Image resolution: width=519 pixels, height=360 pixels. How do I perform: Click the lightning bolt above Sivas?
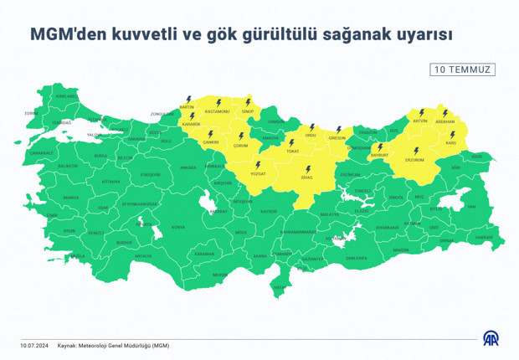click(308, 168)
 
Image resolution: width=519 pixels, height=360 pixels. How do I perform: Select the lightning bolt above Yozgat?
click(258, 165)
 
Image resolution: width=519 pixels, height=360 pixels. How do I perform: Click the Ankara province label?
click(188, 167)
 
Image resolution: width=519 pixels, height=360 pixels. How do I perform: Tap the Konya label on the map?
click(177, 227)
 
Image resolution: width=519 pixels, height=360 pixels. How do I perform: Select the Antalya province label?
click(143, 255)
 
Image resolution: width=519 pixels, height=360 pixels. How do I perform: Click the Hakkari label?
click(484, 237)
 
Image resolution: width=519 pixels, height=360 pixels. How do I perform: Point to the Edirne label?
click(32, 113)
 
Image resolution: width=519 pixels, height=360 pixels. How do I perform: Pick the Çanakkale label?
click(42, 153)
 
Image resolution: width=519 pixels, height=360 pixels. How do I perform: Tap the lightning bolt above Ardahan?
click(445, 112)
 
